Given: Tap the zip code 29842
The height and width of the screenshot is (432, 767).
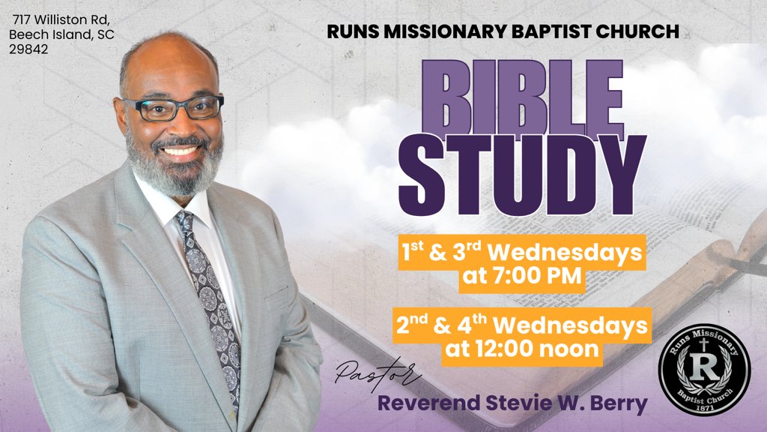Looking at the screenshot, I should pyautogui.click(x=28, y=50).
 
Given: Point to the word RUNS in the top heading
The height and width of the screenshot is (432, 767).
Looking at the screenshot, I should pyautogui.click(x=355, y=31).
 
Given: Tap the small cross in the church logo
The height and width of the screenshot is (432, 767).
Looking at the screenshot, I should pyautogui.click(x=703, y=344).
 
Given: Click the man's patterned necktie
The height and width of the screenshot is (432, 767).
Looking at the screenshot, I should pyautogui.click(x=210, y=292).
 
